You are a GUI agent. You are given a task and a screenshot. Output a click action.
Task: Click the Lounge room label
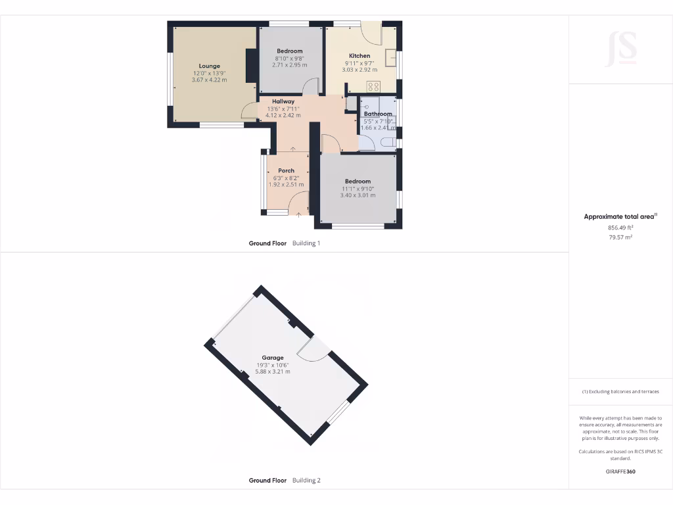(x=210, y=66)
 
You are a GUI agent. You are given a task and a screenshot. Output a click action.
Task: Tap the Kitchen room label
(x=360, y=56)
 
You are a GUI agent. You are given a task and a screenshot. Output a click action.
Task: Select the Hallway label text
(x=283, y=101)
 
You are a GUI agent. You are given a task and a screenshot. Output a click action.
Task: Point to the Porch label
(x=286, y=170)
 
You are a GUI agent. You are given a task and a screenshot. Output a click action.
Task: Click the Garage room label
(x=272, y=358)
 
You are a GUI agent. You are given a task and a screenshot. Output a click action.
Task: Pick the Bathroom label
(x=378, y=114)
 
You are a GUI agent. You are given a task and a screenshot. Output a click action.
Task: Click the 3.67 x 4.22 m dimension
(x=210, y=80)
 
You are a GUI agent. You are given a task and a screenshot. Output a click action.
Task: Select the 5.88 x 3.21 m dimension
(x=272, y=372)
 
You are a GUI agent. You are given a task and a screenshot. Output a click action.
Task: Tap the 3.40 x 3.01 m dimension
(x=358, y=195)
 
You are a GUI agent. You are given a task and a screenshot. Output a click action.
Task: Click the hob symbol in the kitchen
(x=374, y=86)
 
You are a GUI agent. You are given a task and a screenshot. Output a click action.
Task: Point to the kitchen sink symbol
(x=391, y=58)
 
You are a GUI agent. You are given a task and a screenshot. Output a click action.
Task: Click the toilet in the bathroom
(x=388, y=142)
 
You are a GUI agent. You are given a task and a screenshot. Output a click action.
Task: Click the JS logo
(x=620, y=48)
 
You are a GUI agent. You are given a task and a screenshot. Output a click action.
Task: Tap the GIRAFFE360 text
(x=620, y=471)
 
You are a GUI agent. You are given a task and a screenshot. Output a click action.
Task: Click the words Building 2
(x=306, y=480)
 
